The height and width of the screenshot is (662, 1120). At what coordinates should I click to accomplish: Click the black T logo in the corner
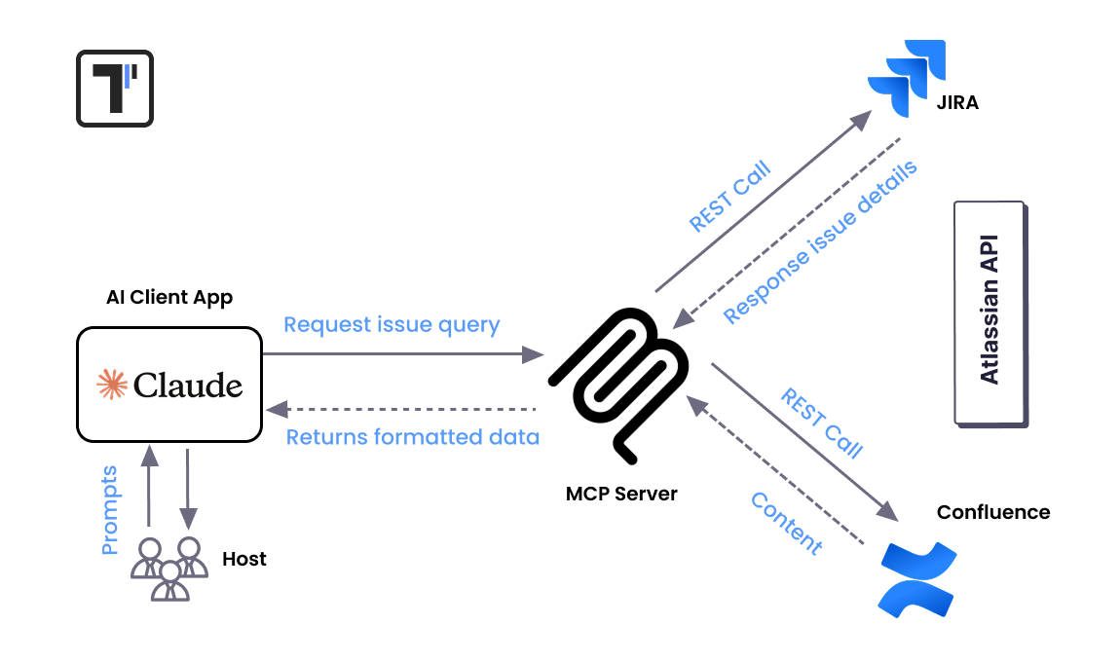pyautogui.click(x=115, y=89)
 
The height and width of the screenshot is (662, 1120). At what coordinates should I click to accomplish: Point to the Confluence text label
pyautogui.click(x=992, y=512)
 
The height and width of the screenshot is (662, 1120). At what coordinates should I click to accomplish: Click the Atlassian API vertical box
pyautogui.click(x=989, y=313)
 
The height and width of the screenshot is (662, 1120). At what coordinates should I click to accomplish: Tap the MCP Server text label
pyautogui.click(x=621, y=494)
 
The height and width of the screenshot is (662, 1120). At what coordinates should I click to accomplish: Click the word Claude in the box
pyautogui.click(x=188, y=386)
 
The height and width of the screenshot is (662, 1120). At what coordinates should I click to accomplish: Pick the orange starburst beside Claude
pyautogui.click(x=112, y=386)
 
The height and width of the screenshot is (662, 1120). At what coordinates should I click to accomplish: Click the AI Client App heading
pyautogui.click(x=169, y=297)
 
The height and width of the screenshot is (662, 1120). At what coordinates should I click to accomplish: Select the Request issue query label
pyautogui.click(x=392, y=325)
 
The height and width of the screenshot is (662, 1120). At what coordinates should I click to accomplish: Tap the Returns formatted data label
pyautogui.click(x=412, y=437)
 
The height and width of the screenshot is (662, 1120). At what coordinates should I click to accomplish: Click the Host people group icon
pyautogui.click(x=169, y=568)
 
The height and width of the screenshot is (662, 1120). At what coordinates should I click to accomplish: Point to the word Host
pyautogui.click(x=243, y=559)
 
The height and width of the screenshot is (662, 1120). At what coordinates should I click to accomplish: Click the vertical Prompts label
pyautogui.click(x=109, y=510)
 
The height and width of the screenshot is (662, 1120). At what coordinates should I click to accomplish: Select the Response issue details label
pyautogui.click(x=820, y=242)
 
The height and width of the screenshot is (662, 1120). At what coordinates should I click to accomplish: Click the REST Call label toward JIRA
pyautogui.click(x=729, y=196)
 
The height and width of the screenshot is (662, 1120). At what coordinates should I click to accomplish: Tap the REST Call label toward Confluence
pyautogui.click(x=821, y=423)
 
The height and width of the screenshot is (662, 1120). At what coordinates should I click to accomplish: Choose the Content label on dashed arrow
pyautogui.click(x=787, y=523)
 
